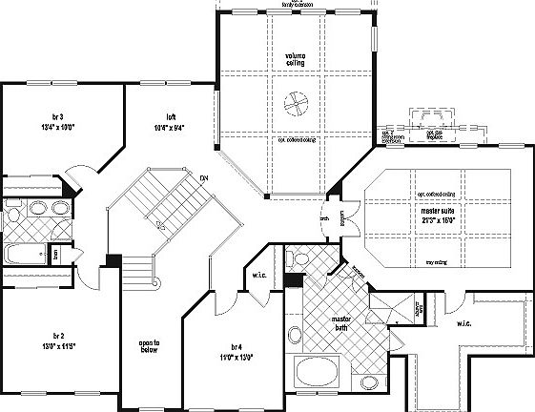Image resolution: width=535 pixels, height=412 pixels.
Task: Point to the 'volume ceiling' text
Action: click(295, 60)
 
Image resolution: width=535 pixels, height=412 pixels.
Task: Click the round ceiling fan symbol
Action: click(297, 101)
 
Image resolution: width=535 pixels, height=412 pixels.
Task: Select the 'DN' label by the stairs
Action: click(204, 178)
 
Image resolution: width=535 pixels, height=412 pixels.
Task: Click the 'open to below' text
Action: click(149, 346)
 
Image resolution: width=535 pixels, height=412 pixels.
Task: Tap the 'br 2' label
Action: click(58, 337)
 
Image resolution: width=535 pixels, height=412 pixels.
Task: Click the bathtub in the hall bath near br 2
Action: click(21, 253)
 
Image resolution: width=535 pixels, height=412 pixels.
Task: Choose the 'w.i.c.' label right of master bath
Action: click(463, 323)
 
